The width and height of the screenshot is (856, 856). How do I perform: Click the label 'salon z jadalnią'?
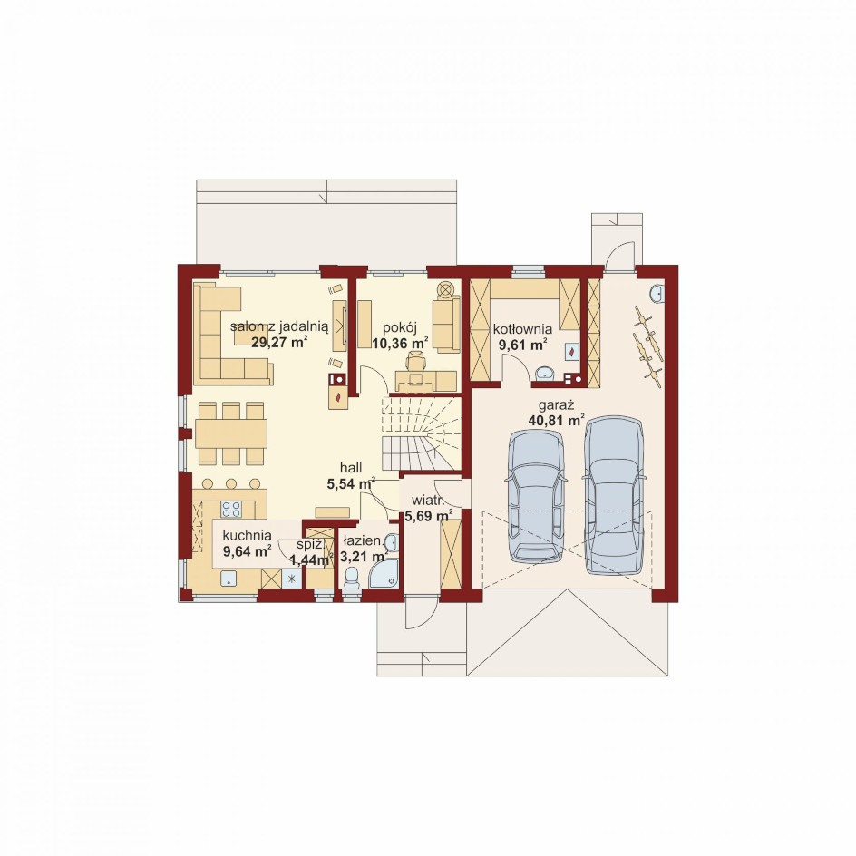click(x=279, y=327)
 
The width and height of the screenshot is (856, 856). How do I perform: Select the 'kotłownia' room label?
click(x=522, y=329)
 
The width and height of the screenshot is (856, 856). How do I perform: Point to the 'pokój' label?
click(x=400, y=327)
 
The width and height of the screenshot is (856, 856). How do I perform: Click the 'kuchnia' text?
click(x=247, y=536)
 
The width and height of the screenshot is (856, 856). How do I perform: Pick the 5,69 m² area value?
click(x=429, y=515)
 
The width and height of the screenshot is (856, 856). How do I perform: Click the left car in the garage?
click(x=536, y=496)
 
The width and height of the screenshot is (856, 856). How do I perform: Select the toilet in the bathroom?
click(x=351, y=578)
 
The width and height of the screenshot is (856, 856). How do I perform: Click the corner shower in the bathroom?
click(x=383, y=574)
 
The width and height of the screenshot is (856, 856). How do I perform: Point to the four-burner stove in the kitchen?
click(x=231, y=509)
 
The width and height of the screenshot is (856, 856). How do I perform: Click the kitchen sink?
click(x=229, y=579)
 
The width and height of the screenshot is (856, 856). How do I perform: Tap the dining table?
click(x=231, y=433)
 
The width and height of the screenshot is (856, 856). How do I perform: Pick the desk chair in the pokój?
click(x=415, y=361)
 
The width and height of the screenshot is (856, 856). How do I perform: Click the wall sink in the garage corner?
click(x=657, y=294)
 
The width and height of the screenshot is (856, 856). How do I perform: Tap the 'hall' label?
click(x=351, y=468)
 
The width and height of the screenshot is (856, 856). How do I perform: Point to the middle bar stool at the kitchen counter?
click(x=231, y=483)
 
